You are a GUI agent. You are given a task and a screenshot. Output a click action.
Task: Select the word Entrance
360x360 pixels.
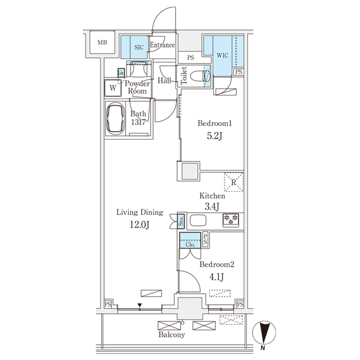click(163, 46)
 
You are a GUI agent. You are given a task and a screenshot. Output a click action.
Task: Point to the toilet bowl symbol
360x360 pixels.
click(200, 76)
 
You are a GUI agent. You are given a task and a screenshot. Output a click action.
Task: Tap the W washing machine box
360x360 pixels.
click(113, 88)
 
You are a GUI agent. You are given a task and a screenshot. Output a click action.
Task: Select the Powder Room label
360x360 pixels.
click(137, 87)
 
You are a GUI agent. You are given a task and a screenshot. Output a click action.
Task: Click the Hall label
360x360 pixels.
click(164, 81)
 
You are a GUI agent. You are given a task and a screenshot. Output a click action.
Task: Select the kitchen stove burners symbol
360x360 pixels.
click(231, 219)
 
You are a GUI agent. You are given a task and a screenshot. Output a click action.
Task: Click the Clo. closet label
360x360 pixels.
click(190, 244)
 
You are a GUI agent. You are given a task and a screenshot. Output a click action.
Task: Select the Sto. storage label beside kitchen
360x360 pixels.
click(181, 220)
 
